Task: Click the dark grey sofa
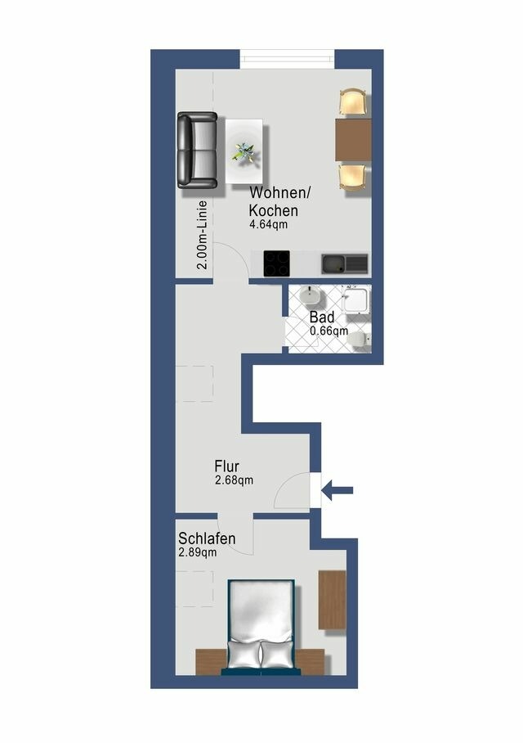click(x=198, y=151)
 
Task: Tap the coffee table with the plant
click(x=244, y=151)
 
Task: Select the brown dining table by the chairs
click(x=353, y=140)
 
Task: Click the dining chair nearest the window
click(x=352, y=103)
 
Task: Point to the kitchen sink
click(x=344, y=263)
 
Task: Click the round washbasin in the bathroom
click(x=311, y=296)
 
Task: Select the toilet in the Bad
click(x=360, y=338)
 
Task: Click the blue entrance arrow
click(x=337, y=491)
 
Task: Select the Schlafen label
click(x=207, y=538)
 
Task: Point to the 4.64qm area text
click(x=269, y=223)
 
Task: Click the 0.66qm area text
click(x=329, y=331)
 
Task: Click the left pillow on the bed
click(x=243, y=654)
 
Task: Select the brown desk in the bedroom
click(x=332, y=600)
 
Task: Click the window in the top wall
click(x=288, y=59)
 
